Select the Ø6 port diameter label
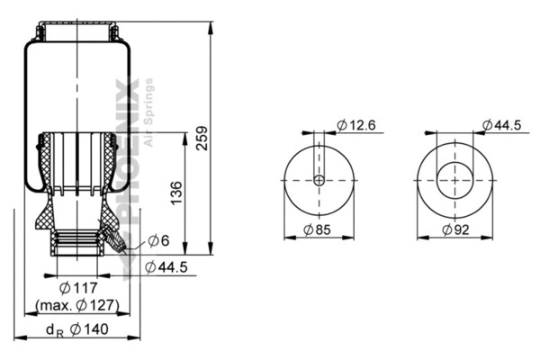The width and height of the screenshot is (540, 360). (x=158, y=240)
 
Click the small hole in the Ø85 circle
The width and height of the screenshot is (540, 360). (x=319, y=180)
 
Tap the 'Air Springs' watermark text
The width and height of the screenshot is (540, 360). (x=148, y=112)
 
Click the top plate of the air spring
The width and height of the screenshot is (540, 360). (x=77, y=32)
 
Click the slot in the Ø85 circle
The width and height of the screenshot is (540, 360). (x=319, y=162)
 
